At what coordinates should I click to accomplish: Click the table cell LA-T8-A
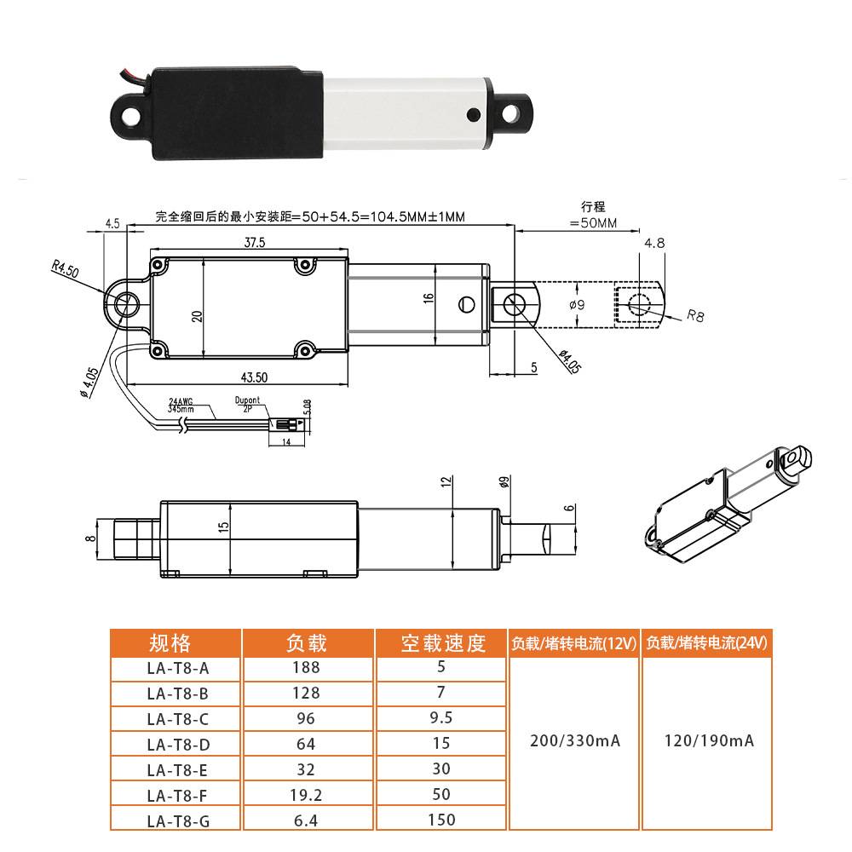(x=177, y=668)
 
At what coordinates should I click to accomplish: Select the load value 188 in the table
(x=305, y=668)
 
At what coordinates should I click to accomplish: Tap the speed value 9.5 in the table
(x=442, y=718)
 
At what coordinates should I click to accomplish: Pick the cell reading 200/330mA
(x=573, y=740)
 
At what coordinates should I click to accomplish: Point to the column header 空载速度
(x=442, y=642)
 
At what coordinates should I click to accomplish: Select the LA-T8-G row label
(x=177, y=820)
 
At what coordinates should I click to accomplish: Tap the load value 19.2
(x=305, y=795)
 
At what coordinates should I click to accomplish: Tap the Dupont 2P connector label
(x=248, y=404)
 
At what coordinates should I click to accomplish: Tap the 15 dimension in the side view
(x=224, y=527)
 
